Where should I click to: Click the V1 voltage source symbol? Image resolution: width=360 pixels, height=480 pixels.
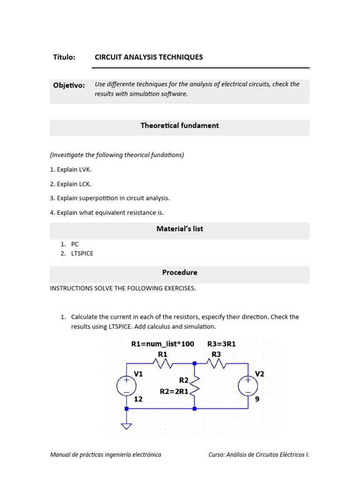[x=126, y=386]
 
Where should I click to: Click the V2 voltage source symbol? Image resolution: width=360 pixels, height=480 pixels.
[x=247, y=386]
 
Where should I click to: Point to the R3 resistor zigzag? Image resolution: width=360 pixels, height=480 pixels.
[x=217, y=363]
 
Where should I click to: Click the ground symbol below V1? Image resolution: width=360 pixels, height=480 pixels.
[x=126, y=426]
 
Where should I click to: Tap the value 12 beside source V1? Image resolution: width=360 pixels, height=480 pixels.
[x=138, y=399]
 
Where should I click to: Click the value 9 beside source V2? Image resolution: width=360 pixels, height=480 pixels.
[x=257, y=399]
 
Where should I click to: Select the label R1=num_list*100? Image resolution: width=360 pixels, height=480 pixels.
[x=163, y=344]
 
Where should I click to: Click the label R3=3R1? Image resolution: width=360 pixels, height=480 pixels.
[x=222, y=344]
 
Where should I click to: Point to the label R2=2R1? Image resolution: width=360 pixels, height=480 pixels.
[x=174, y=391]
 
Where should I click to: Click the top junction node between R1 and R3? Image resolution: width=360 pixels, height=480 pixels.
[x=195, y=363]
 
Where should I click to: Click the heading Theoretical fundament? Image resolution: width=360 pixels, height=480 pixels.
[x=180, y=126]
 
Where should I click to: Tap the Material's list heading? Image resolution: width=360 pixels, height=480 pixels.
[x=180, y=229]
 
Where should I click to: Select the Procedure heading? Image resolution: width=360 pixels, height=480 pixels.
[x=180, y=272]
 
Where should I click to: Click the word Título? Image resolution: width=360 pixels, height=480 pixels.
[x=64, y=57]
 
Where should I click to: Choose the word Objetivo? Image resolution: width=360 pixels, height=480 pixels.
[x=69, y=85]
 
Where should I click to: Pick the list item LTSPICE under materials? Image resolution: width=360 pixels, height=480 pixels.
[x=82, y=253]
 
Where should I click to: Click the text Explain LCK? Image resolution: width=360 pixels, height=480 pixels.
[x=74, y=184]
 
